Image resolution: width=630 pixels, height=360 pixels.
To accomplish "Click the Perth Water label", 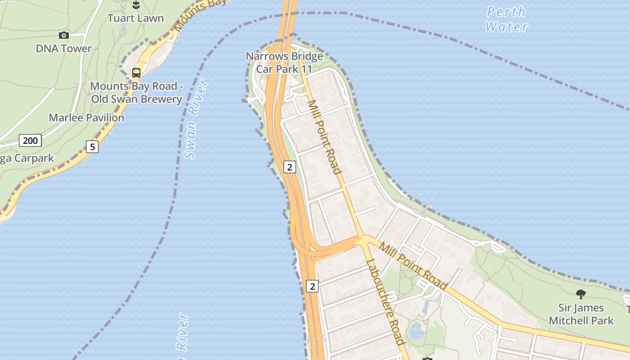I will point(506,19).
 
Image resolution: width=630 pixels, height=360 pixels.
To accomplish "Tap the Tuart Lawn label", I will point(135,18).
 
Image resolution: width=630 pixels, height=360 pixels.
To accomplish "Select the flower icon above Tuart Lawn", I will point(135,5).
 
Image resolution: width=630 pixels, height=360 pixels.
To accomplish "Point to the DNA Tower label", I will point(64,49).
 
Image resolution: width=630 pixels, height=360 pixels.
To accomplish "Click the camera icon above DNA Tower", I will point(64,35).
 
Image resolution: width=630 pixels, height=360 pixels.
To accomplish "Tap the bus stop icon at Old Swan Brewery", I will point(136,72).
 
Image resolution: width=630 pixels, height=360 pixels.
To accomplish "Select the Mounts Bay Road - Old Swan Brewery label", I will point(136,92).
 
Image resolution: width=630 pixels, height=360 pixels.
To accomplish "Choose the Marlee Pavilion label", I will point(86,118).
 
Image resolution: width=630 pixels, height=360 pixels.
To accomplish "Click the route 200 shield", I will point(30,140).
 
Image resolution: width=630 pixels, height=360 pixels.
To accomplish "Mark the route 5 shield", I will point(92,146).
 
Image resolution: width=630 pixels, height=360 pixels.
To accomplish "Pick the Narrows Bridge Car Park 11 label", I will point(284,63).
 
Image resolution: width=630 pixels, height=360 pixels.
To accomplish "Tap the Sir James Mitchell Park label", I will point(581,314).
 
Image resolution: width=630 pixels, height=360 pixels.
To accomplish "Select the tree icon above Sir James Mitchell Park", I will point(581,294).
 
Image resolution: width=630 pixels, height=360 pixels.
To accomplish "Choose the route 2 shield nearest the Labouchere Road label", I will point(312,286).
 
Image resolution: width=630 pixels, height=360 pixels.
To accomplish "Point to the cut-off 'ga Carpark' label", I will point(27,158).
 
